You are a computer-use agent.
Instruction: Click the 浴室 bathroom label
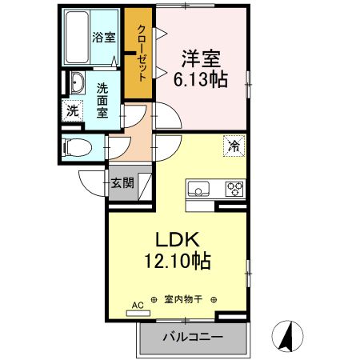104,37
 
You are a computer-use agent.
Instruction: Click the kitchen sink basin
199,190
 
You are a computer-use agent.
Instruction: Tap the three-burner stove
234,190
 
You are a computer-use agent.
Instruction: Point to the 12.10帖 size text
178,260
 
